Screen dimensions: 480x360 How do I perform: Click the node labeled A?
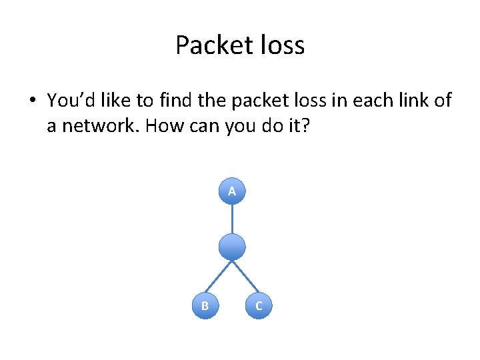[x=232, y=191]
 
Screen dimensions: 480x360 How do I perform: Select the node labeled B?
[x=205, y=305]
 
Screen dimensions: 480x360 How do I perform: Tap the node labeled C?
[x=259, y=305]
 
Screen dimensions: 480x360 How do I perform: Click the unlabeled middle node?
[x=232, y=247]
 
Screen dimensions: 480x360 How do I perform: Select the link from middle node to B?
[x=219, y=277]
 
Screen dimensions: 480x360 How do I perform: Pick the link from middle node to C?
[x=245, y=277]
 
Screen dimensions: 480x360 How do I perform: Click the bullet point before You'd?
[x=31, y=101]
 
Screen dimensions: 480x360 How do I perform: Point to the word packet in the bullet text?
[x=250, y=101]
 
